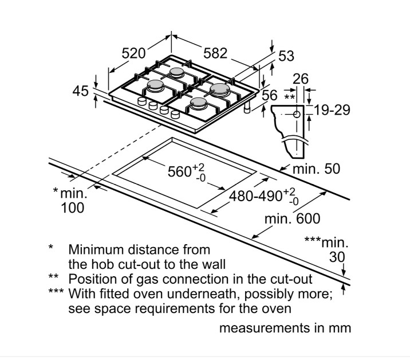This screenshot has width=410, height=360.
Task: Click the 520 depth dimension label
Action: (134, 53)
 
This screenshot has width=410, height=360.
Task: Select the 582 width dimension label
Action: (216, 53)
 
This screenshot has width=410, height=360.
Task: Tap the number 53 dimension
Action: (286, 56)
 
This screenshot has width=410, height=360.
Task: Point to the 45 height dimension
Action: (82, 91)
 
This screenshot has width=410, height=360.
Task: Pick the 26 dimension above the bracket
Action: (300, 79)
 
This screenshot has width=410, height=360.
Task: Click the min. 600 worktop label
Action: (292, 219)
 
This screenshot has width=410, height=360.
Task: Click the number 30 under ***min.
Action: (337, 258)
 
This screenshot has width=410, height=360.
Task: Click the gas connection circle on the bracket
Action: (297, 115)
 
